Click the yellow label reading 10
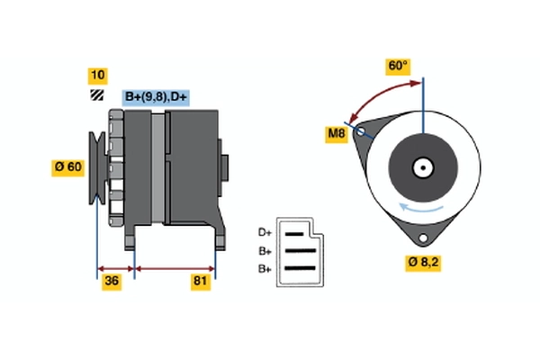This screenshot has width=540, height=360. click(x=96, y=75)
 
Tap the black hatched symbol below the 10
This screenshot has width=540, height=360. click(x=96, y=95)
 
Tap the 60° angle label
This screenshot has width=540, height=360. click(x=397, y=66)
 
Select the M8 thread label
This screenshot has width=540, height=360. click(x=337, y=134)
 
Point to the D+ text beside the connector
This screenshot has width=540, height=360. click(x=265, y=232)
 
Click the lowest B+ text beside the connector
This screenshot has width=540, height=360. click(x=265, y=268)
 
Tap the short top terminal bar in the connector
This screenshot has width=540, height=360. click(x=294, y=233)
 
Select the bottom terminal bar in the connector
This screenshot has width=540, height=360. click(x=300, y=268)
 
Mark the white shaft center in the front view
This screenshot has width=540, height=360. click(x=422, y=166)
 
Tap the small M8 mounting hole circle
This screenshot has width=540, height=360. click(x=362, y=132)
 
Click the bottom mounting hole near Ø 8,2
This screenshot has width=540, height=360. click(x=421, y=237)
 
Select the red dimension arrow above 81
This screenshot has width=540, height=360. click(x=175, y=267)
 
